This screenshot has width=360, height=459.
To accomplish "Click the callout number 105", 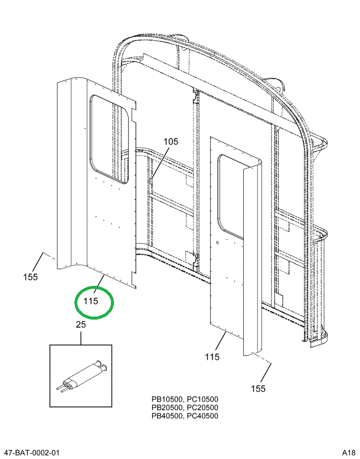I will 170,142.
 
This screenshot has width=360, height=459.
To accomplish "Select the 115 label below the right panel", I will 212,357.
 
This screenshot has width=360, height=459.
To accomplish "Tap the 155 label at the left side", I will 31,277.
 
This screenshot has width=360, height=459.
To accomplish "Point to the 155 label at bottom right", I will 258,388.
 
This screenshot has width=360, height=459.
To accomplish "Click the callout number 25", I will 81,324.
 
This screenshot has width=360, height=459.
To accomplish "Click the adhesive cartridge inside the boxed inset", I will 83,376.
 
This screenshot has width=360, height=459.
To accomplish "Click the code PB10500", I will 167,399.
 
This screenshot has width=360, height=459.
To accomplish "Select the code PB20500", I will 167,408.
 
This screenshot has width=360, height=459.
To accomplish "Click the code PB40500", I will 167,416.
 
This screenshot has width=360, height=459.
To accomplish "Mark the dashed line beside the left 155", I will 51,259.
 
